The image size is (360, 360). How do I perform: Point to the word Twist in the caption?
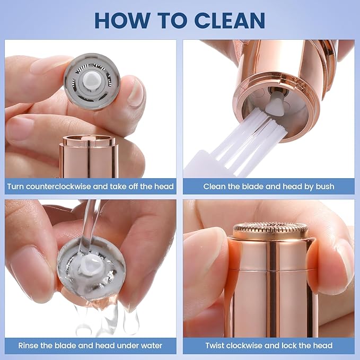(x=216, y=346)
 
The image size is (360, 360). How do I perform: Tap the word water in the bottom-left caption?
(x=151, y=346)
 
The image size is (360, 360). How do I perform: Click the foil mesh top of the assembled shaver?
(x=270, y=229)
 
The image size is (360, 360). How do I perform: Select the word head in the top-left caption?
(x=163, y=186)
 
